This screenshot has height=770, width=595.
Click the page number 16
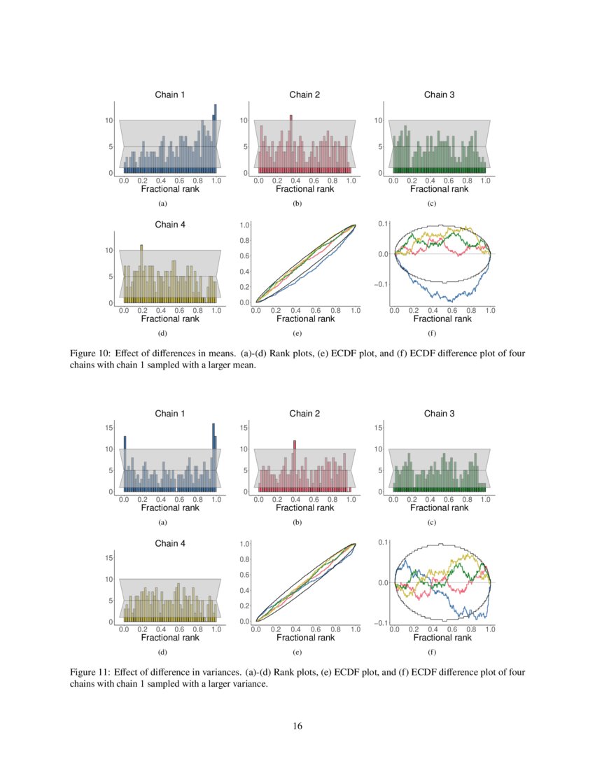[x=297, y=726]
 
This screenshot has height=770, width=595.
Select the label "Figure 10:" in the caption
[x=90, y=353]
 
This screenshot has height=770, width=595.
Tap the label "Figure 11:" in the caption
[x=90, y=672]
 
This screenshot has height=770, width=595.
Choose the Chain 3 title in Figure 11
[x=440, y=414]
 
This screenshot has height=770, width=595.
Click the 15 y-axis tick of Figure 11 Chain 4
[x=109, y=557]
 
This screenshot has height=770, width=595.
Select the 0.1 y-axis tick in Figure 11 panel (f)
[x=384, y=542]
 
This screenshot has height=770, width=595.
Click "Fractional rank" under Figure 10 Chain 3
[x=439, y=189]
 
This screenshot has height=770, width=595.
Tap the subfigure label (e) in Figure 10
[x=297, y=334]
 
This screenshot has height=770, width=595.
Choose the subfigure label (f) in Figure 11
[x=432, y=652]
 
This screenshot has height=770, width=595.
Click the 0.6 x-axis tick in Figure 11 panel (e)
[x=315, y=630]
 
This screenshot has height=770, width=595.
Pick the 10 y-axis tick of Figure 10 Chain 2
[x=244, y=120]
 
